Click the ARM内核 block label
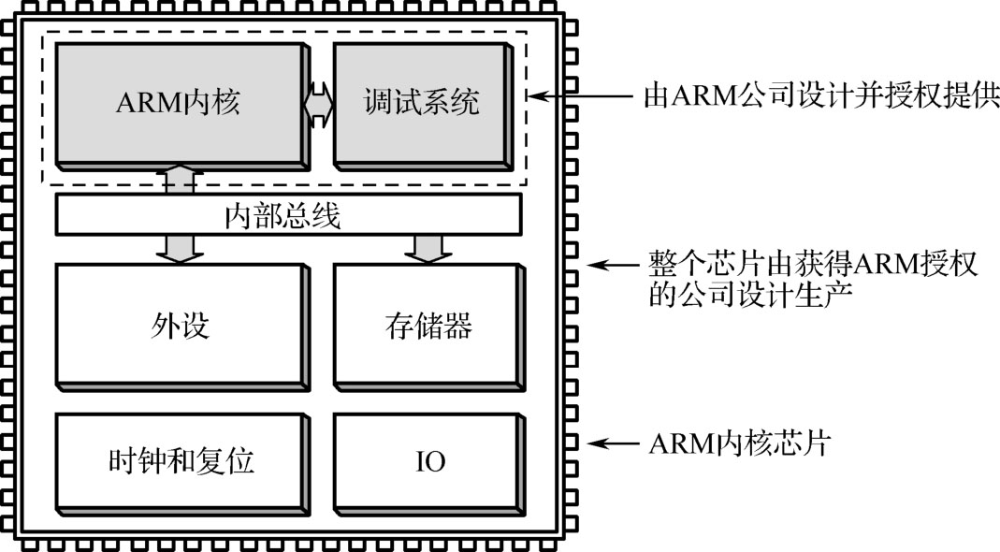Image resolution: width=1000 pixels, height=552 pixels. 178,102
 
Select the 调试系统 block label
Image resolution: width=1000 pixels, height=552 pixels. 422,102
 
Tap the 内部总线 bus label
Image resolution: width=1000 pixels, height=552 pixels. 283,216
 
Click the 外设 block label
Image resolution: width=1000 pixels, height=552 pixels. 181,326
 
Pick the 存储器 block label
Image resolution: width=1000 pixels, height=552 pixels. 428,326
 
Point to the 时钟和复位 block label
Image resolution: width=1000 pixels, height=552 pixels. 181,460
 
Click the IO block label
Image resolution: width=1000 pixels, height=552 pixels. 430,461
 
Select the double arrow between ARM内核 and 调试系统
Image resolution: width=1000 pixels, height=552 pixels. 319,104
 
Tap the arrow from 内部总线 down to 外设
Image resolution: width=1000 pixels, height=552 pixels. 180,249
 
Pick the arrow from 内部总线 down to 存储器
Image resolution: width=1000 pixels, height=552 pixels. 428,249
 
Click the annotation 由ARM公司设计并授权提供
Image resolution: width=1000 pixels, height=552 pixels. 820,97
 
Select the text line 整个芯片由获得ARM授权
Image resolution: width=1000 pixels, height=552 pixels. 813,263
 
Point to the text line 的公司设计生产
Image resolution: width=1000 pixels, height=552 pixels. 750,296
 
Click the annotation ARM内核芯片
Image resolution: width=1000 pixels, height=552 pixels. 740,443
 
